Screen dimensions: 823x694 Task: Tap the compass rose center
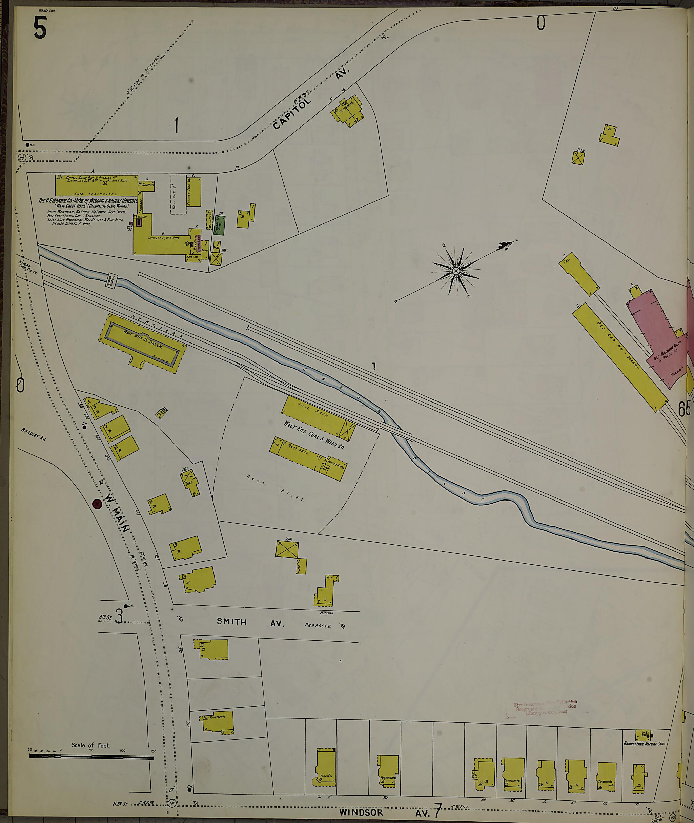[456, 271]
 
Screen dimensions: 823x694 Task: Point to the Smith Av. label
[250, 622]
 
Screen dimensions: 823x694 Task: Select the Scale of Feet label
[91, 745]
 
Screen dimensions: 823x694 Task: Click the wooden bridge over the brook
[111, 280]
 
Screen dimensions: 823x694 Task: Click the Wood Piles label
[275, 488]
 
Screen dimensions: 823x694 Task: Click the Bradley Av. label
[34, 434]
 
